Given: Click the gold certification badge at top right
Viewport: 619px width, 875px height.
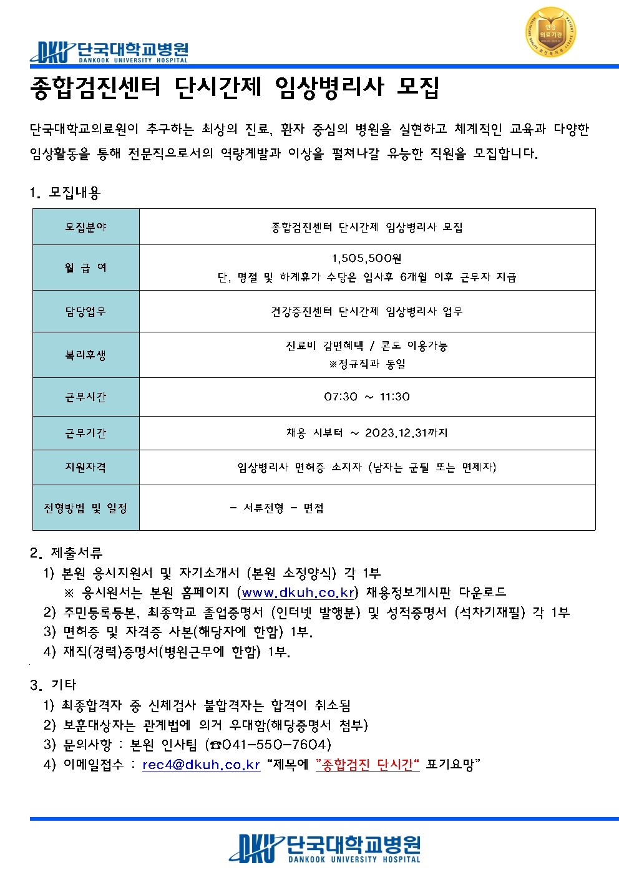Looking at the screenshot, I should pos(550,32).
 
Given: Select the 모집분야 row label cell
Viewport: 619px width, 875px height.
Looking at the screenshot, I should pos(86,227).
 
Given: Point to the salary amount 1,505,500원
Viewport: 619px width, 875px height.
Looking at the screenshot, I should pos(366,258).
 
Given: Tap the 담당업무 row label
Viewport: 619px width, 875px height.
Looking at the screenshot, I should pos(86,311).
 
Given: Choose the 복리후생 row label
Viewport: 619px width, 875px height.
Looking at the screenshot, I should pos(86,355).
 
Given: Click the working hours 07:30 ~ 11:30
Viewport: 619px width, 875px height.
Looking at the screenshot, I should pos(366,397).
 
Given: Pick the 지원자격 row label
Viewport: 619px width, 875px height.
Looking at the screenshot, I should pos(86,467).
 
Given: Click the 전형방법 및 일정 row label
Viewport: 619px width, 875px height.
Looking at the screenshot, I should pos(86,508).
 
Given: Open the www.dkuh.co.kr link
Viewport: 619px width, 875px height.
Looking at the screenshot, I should pos(298,592).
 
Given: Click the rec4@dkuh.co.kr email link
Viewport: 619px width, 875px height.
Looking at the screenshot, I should pos(201,765).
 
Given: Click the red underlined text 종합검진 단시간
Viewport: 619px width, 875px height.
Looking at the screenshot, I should pos(366,765).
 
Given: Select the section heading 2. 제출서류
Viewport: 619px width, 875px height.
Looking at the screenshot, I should pos(66,553).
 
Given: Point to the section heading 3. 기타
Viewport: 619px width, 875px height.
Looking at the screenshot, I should pos(53,685).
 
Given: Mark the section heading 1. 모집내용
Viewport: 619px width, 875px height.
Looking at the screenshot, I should pos(65,193).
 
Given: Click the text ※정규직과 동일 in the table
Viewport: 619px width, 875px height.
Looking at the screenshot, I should pos(367,364).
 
